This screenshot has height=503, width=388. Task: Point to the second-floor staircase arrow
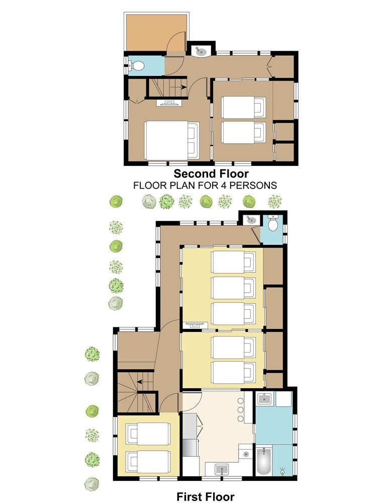point(178,87)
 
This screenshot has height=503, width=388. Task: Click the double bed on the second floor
point(171,140)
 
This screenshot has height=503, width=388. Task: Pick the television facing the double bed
point(169,103)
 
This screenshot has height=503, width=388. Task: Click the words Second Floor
point(211,174)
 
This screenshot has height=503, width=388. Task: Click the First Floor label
point(205,496)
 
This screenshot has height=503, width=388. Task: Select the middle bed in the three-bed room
point(233,287)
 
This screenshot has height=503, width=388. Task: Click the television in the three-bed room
point(194,325)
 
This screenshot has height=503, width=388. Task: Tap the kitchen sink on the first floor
point(222,470)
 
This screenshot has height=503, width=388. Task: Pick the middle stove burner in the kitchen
point(240,409)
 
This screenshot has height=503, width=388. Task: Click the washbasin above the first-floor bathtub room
point(264,399)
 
